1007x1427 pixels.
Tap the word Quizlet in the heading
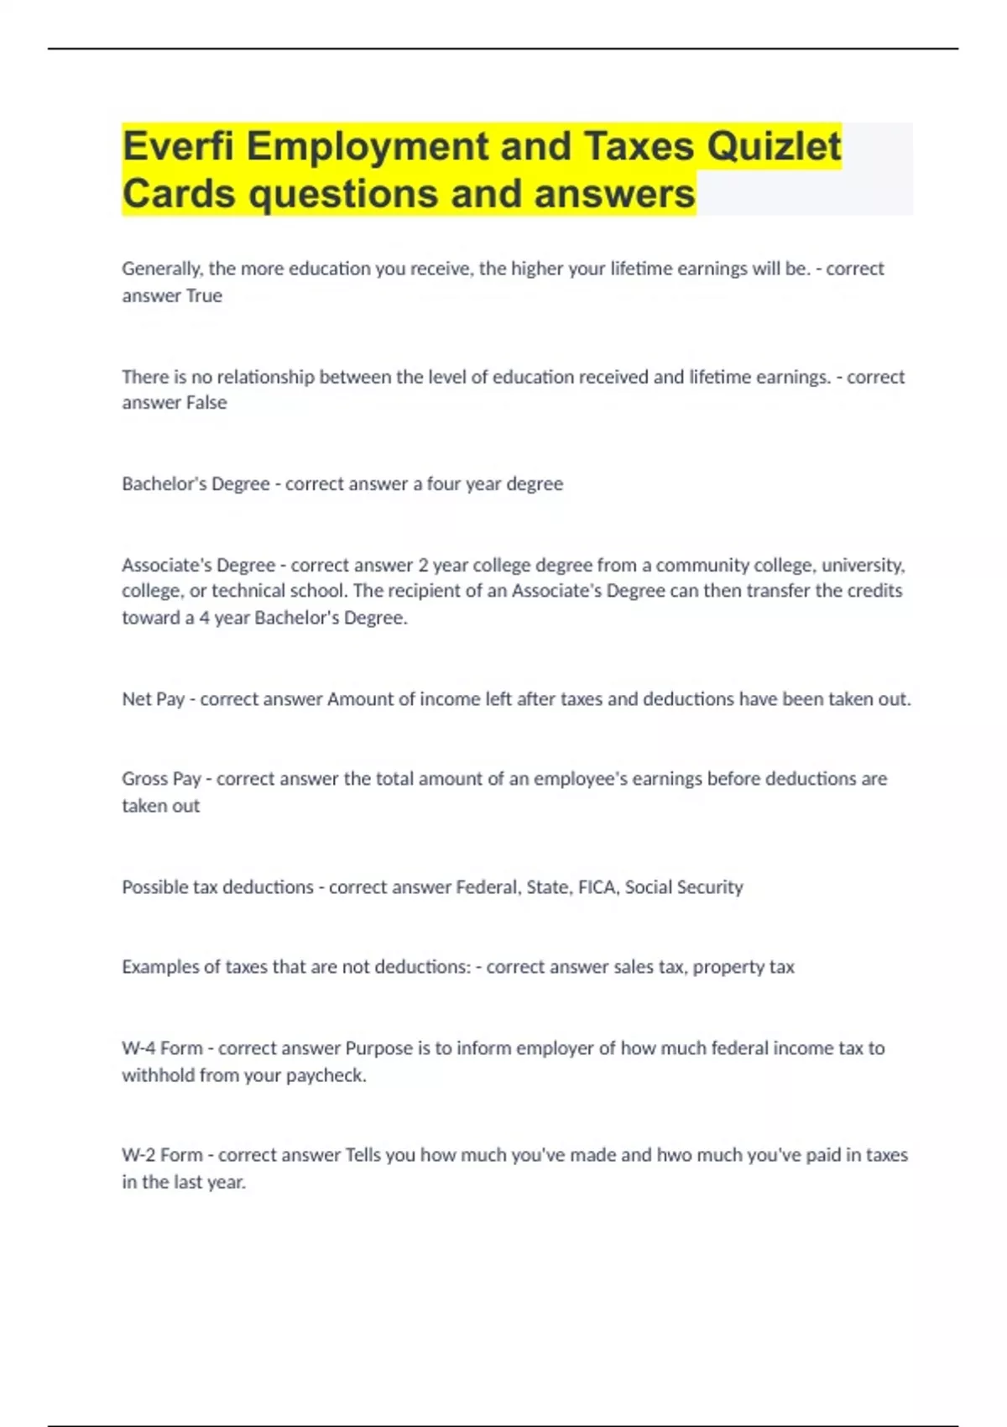[x=773, y=146]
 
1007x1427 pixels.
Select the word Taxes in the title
[x=639, y=146]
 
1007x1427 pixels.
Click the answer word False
[x=206, y=403]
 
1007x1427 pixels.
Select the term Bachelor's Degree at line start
[x=196, y=484]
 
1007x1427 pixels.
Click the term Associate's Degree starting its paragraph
[x=198, y=565]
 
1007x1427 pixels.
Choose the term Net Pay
[x=153, y=699]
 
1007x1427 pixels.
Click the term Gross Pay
[x=161, y=779]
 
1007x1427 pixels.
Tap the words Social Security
[x=684, y=887]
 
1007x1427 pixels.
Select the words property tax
[x=744, y=967]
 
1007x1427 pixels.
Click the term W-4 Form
[x=162, y=1048]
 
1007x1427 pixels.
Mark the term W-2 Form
[x=162, y=1155]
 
